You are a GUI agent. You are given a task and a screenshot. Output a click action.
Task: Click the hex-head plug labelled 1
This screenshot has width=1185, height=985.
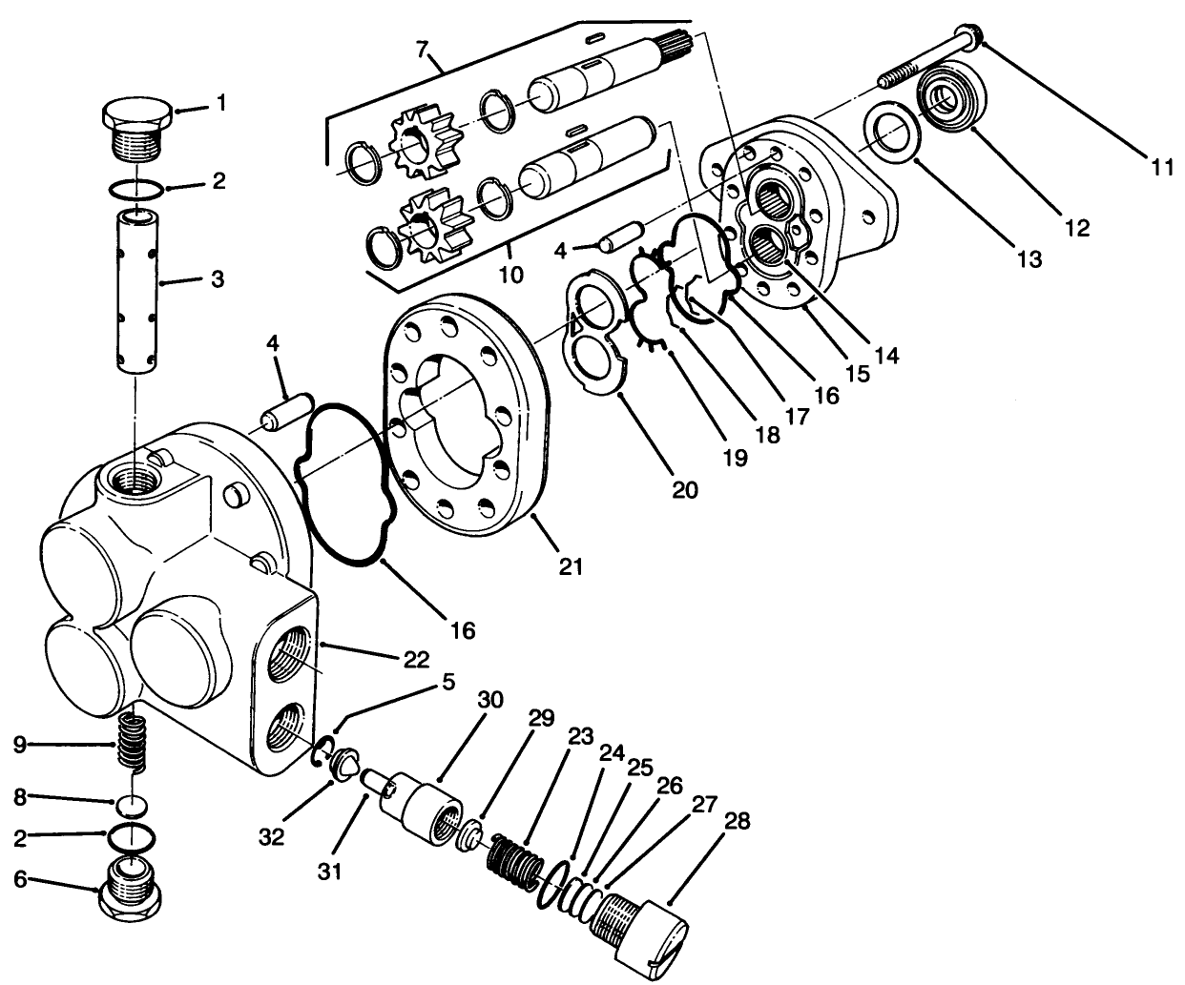137,128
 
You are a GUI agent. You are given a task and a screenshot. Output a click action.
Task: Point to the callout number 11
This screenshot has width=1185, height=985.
1160,167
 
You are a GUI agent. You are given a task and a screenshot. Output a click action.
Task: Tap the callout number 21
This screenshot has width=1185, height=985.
570,565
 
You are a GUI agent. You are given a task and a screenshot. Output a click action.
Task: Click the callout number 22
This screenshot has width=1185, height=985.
416,659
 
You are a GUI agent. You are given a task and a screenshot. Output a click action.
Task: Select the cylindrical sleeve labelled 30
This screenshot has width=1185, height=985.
423,809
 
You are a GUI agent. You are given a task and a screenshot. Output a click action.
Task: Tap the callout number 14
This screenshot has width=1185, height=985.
886,356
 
